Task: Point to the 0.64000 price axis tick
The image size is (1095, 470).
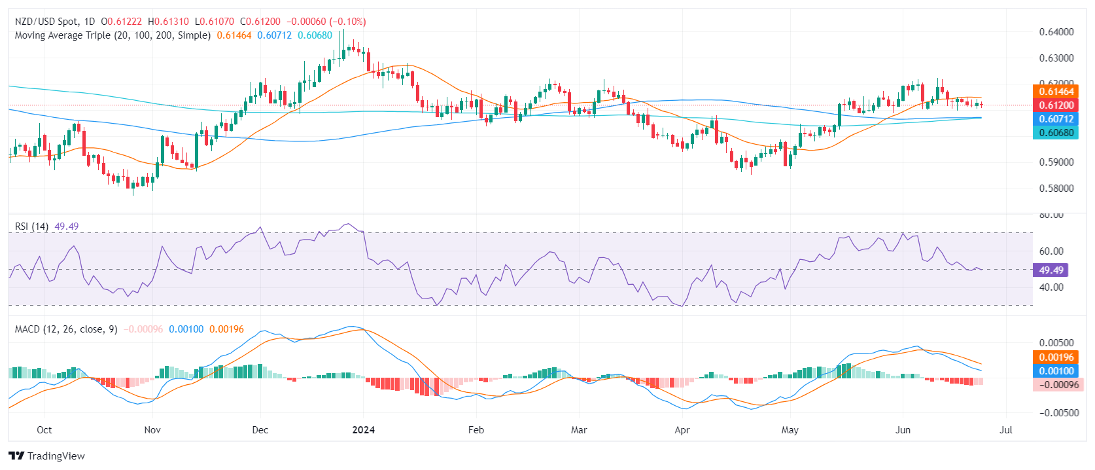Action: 1056,32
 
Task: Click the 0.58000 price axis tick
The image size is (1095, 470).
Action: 1056,189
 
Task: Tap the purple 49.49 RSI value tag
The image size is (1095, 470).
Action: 1051,270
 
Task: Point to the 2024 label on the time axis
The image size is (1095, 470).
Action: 363,430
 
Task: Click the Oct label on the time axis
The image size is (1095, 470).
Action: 44,430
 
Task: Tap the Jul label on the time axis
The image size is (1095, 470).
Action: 1006,430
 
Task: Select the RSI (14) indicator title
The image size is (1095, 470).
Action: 31,226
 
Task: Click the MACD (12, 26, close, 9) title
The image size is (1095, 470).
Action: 66,329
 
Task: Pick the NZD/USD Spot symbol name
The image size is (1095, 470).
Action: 45,22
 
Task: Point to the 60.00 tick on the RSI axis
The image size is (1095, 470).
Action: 1051,251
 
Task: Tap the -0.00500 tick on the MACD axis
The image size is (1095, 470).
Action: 1056,413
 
